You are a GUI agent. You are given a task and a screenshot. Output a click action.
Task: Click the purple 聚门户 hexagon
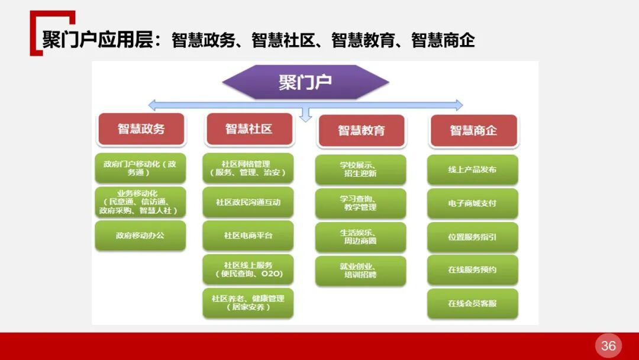pos(305,82)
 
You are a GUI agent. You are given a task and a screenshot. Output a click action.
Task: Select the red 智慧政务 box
pos(141,129)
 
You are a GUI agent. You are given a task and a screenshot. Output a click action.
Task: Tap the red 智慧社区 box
pos(248,129)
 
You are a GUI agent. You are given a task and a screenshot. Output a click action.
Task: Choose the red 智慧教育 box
pos(361,130)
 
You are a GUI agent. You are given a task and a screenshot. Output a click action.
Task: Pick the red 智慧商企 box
pos(473,130)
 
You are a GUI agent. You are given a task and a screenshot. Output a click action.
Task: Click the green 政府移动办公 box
pos(140,235)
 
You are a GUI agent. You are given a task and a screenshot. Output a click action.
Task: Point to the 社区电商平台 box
pos(248,235)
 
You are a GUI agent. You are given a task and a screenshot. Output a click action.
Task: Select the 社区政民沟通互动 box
pos(248,202)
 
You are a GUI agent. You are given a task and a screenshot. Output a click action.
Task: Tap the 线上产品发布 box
pos(472,170)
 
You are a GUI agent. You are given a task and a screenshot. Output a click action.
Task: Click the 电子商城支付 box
pos(472,203)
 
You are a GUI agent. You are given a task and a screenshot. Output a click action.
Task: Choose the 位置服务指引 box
pos(472,237)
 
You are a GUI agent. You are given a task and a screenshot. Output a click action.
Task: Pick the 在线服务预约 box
pos(472,270)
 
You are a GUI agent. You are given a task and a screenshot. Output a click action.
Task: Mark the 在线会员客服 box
pos(472,303)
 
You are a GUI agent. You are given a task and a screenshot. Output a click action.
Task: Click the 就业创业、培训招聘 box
pos(360,271)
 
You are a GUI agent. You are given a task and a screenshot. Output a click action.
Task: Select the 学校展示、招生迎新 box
pos(360,169)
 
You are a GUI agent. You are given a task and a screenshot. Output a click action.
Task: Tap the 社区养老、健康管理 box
pos(248,303)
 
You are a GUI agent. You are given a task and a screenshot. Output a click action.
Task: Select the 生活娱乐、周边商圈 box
pos(360,237)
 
